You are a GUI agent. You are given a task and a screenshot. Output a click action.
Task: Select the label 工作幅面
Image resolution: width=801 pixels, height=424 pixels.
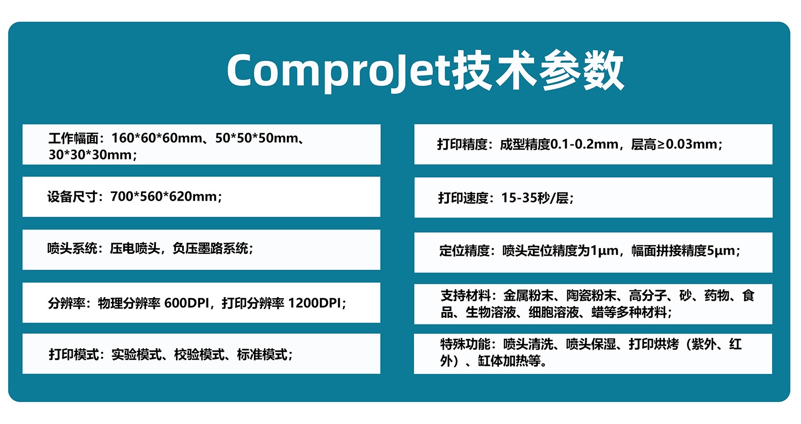pyautogui.click(x=73, y=138)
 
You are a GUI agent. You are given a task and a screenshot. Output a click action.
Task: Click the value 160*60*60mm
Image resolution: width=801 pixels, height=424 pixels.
pyautogui.click(x=156, y=138)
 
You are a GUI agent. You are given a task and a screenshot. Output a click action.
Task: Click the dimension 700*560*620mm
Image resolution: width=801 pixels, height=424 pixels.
pyautogui.click(x=164, y=197)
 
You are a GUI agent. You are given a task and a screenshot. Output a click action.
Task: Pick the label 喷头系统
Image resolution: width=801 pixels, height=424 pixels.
pyautogui.click(x=72, y=249)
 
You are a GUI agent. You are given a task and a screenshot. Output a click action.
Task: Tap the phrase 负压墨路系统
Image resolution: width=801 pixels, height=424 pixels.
pyautogui.click(x=210, y=249)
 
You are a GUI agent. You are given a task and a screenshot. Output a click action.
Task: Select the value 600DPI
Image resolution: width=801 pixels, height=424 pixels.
pyautogui.click(x=186, y=303)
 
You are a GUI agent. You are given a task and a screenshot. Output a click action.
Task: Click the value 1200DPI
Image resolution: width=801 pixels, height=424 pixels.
pyautogui.click(x=314, y=303)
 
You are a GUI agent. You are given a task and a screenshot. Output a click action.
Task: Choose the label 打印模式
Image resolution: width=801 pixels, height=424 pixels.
pyautogui.click(x=74, y=355)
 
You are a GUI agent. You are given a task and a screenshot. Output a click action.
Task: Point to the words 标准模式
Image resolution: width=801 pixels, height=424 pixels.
pyautogui.click(x=262, y=355)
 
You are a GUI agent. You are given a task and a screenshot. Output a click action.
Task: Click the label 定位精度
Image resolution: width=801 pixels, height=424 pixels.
pyautogui.click(x=464, y=251)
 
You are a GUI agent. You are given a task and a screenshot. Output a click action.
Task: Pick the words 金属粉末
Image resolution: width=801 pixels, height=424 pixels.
pyautogui.click(x=528, y=296)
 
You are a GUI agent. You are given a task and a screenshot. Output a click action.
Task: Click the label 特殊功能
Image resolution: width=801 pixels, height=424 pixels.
pyautogui.click(x=465, y=344)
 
